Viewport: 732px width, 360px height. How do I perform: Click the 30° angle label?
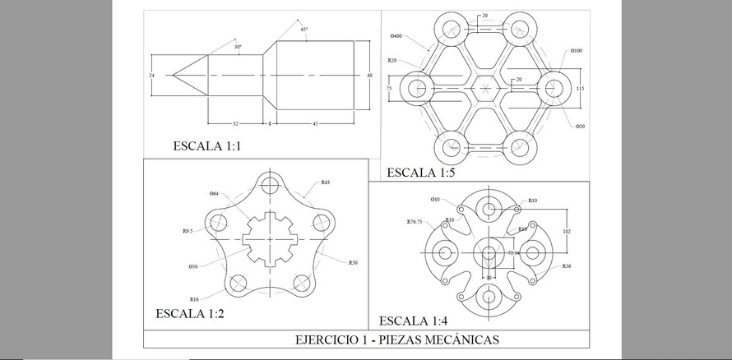pos(238,47)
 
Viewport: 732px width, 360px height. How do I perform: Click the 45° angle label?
pos(303,30)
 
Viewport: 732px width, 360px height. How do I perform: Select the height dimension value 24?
pos(151,76)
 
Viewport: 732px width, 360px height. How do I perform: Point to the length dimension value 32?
pos(235,123)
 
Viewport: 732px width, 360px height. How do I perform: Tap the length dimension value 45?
pos(316,123)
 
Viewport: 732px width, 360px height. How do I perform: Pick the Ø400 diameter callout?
pos(397,37)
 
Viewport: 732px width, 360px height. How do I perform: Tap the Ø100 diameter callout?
pos(577,51)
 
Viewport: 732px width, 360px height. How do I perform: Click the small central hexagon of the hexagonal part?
pos(486,88)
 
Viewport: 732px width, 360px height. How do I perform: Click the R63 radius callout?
pos(326,182)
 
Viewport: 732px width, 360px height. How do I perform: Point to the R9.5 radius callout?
pos(188,232)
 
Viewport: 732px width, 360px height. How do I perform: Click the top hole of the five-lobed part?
pos(270,184)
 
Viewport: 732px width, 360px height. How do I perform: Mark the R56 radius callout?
pos(568,266)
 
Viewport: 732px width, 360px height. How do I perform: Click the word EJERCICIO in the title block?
pos(322,339)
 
